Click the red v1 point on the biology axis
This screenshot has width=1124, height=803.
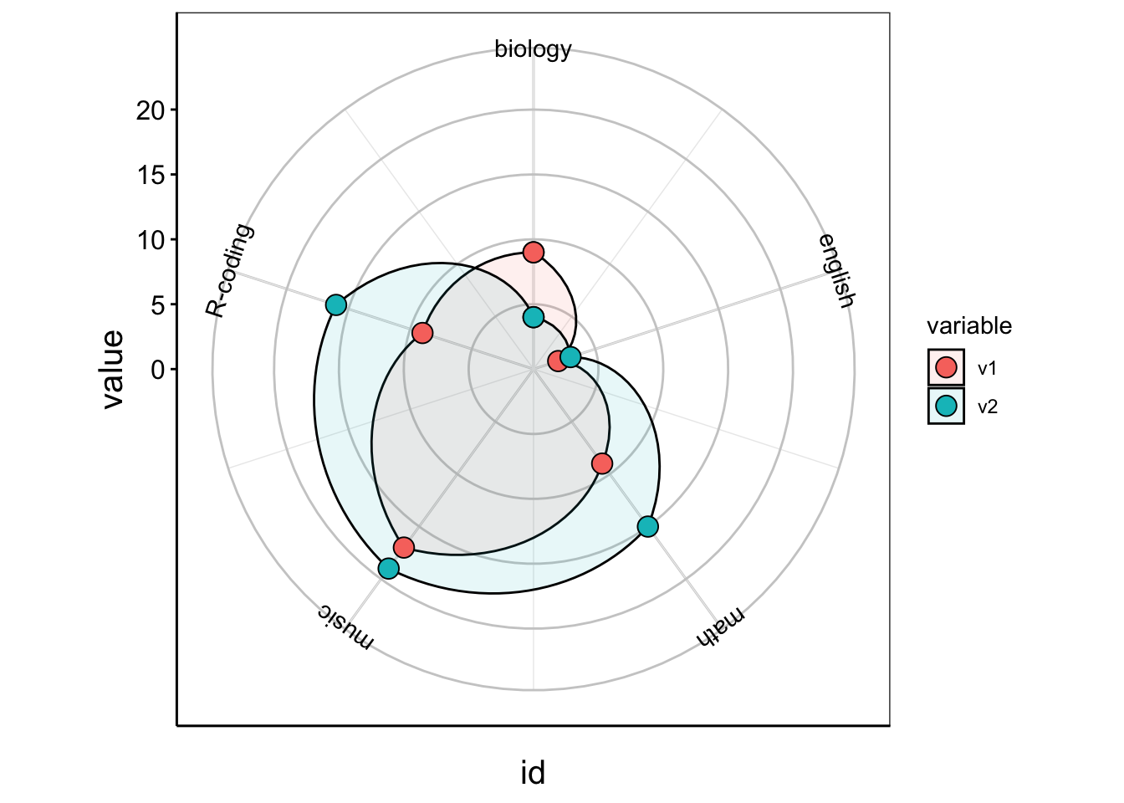[x=534, y=253]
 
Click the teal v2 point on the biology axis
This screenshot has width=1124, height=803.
[x=534, y=317]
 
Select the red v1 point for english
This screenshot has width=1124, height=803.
[x=558, y=361]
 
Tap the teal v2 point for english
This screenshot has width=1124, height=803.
[x=570, y=357]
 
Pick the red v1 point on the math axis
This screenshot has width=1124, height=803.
[x=602, y=463]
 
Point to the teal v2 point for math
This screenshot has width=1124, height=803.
[x=648, y=526]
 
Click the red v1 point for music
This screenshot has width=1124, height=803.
[x=404, y=547]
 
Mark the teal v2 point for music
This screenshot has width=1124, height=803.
[x=388, y=569]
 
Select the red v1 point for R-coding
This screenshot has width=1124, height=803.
[x=422, y=333]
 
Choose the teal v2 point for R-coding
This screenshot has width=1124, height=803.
[x=335, y=304]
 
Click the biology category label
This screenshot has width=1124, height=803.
[x=533, y=49]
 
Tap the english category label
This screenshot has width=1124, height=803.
[x=835, y=271]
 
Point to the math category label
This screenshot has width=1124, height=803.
[x=720, y=627]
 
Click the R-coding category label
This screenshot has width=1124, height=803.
[x=229, y=270]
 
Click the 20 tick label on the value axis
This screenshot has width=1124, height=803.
[x=151, y=110]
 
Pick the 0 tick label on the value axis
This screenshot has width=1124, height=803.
[x=158, y=370]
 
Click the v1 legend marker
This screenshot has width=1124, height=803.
[x=946, y=367]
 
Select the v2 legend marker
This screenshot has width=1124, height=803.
[x=946, y=407]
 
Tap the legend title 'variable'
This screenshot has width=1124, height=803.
[x=969, y=326]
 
